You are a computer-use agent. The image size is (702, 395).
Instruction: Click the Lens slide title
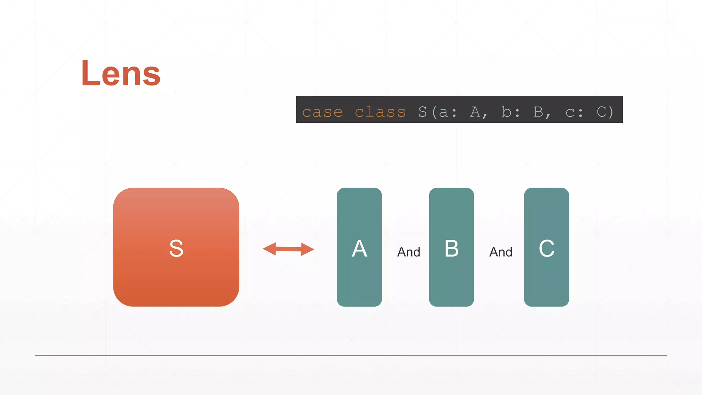[121, 73]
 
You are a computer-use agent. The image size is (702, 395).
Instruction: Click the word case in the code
[322, 112]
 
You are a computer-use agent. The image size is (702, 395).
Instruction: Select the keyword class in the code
[380, 112]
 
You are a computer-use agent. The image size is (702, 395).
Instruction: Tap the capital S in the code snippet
[422, 112]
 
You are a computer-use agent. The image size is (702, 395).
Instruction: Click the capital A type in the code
[475, 112]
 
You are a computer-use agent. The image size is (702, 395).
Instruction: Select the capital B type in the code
[538, 112]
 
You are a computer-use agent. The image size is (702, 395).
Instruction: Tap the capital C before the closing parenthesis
[602, 112]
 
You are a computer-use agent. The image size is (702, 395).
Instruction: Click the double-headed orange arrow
[288, 249]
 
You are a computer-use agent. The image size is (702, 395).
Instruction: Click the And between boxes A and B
[409, 252]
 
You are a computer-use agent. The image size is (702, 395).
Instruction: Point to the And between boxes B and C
[501, 252]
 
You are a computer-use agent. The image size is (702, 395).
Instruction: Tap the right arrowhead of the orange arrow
[307, 249]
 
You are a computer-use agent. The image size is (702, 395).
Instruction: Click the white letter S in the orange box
[176, 248]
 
